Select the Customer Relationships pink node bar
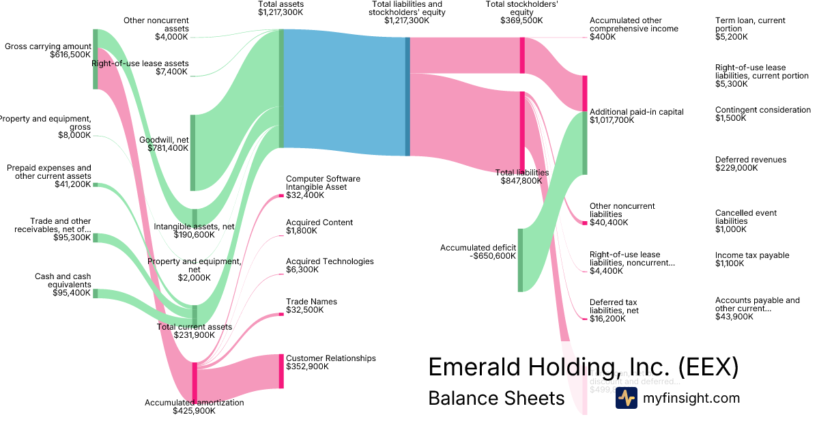[281, 371]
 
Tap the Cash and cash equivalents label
[63, 281]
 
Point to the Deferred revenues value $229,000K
[736, 168]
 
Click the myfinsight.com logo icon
[626, 398]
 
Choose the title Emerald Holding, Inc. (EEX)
[583, 367]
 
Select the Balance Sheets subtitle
[496, 398]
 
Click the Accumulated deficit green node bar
[520, 260]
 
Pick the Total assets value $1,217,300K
[281, 12]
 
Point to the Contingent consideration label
[763, 110]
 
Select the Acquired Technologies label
[330, 261]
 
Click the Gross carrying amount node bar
[96, 59]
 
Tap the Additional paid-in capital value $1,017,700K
[612, 120]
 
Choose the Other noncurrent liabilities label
[622, 210]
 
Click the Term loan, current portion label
[750, 25]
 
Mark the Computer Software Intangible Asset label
[323, 183]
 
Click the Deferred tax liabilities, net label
[614, 306]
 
